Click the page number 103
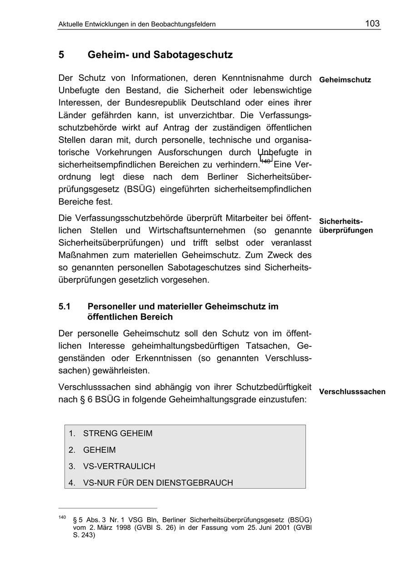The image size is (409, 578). point(372,24)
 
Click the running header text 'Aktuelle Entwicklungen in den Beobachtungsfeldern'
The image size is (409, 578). point(137,25)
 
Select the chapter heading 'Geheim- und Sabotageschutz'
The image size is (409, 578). point(160,55)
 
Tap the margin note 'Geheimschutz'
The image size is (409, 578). point(345,80)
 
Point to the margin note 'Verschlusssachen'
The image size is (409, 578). point(352,392)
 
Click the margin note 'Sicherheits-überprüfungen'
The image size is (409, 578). point(346,226)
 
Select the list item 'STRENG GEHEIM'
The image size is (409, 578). point(118,434)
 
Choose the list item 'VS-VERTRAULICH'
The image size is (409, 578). point(119,466)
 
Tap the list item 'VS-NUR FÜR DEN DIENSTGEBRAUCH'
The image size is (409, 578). point(158,483)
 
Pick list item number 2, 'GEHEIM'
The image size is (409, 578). point(99,450)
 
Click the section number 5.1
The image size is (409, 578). point(65,306)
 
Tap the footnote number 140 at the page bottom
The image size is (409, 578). point(62,517)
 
